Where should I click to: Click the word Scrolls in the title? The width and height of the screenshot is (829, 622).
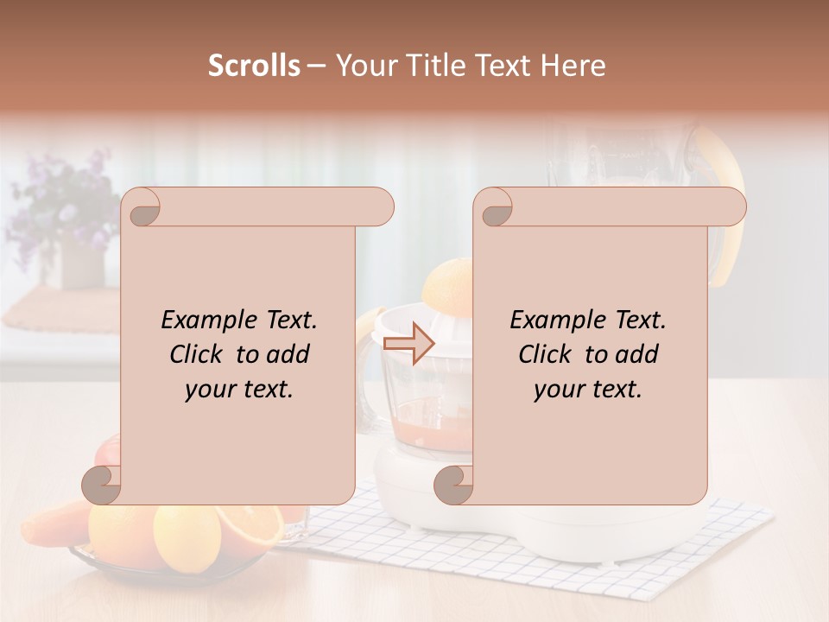click(x=255, y=66)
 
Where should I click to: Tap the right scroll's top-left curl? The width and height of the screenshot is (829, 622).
click(x=496, y=207)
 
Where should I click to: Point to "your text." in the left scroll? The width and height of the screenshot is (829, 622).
click(x=239, y=389)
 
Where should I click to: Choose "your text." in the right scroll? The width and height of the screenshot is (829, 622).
click(x=588, y=389)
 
